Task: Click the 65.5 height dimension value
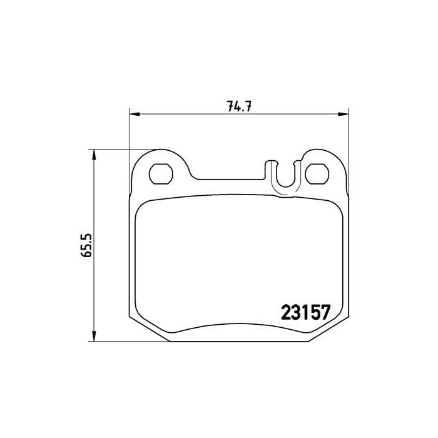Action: [87, 245]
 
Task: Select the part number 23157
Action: [303, 311]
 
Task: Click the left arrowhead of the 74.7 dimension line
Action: [133, 114]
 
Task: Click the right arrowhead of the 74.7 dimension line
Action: [345, 114]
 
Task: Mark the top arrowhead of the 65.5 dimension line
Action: [94, 154]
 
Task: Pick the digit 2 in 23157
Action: [283, 311]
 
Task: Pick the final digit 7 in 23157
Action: [325, 311]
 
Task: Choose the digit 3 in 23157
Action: [293, 311]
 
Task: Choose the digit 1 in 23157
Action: [303, 311]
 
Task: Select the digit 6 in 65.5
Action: [87, 255]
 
